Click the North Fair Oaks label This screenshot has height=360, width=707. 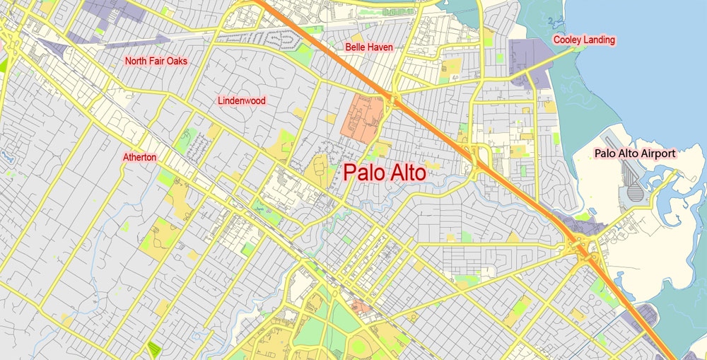(156, 61)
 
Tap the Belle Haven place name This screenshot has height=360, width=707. (368, 47)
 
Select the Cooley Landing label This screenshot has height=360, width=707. (584, 40)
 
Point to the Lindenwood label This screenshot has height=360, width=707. (242, 100)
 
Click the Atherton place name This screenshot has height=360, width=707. (139, 157)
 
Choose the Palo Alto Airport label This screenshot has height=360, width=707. (635, 153)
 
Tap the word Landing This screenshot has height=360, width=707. (598, 40)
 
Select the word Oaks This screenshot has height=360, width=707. (177, 61)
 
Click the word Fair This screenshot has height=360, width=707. (157, 61)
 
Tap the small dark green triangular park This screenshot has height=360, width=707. (154, 348)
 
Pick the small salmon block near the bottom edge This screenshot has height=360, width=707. (359, 306)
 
